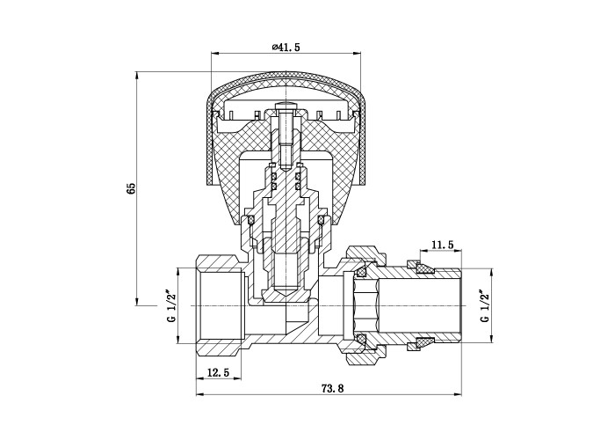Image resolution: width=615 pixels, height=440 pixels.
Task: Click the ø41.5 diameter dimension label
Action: point(286,48)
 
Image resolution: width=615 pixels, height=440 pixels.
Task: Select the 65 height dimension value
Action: point(131,188)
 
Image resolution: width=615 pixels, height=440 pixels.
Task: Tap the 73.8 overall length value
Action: point(332,388)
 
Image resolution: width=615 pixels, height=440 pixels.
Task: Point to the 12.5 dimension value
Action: point(218,372)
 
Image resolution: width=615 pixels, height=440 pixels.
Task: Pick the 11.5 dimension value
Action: point(443,245)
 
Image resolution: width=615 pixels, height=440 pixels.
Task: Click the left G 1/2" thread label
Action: point(171,306)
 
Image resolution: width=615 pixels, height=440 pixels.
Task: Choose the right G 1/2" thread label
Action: point(485,306)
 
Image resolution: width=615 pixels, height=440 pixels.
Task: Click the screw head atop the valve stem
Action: point(286,106)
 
